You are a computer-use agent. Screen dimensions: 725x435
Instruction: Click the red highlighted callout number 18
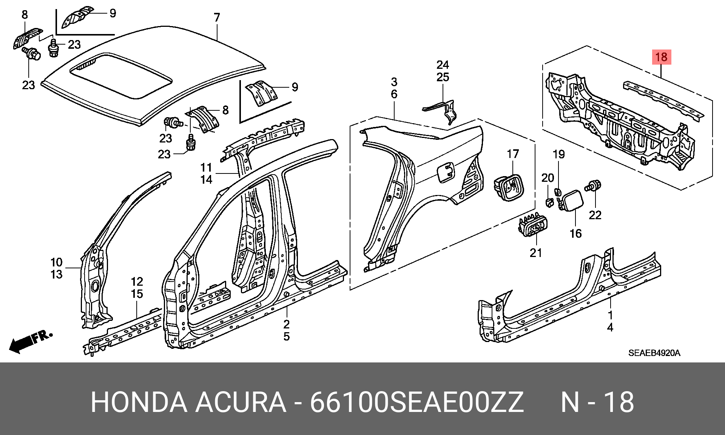[x=661, y=57]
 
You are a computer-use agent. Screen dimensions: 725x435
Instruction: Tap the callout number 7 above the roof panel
[x=217, y=17]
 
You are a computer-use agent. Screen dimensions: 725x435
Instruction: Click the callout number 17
[x=512, y=154]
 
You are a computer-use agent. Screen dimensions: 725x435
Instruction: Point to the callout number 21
[x=536, y=253]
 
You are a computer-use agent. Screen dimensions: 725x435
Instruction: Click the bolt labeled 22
[x=593, y=186]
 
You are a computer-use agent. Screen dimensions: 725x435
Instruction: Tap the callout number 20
[x=548, y=178]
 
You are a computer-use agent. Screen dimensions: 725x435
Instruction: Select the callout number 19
[x=558, y=154]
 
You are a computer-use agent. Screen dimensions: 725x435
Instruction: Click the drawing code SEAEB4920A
[x=654, y=353]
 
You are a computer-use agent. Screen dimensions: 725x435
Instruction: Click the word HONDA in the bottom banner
[x=139, y=402]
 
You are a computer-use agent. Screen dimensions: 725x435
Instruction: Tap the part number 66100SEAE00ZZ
[x=417, y=402]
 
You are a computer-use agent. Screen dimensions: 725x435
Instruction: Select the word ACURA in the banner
[x=241, y=402]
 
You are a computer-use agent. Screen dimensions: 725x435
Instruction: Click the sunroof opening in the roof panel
[x=121, y=76]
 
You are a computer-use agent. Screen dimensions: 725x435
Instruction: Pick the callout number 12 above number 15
[x=137, y=282]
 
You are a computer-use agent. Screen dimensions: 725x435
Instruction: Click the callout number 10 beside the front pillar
[x=56, y=262]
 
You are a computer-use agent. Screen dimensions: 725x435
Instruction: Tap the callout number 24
[x=443, y=65]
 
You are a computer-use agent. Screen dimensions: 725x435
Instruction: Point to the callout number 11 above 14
[x=206, y=167]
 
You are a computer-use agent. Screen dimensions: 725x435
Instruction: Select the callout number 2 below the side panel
[x=287, y=324]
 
